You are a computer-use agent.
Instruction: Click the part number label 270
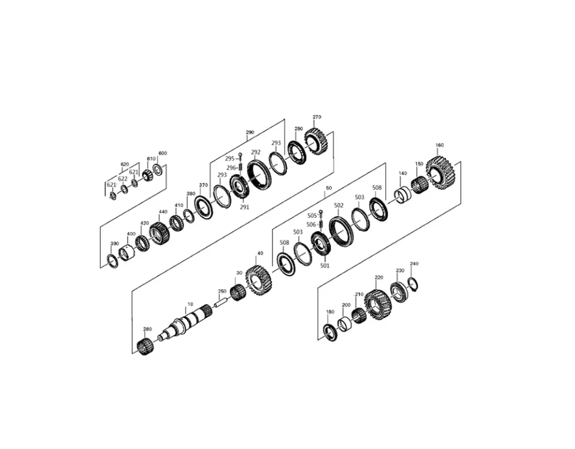pyautogui.click(x=317, y=117)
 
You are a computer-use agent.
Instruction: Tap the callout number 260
pyautogui.click(x=147, y=329)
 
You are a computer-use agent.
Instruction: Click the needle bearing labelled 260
pyautogui.click(x=144, y=345)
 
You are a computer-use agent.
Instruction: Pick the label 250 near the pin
pyautogui.click(x=222, y=292)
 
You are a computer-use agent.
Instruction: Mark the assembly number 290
pyautogui.click(x=250, y=132)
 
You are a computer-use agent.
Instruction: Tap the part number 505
pyautogui.click(x=311, y=215)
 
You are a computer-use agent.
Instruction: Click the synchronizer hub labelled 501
pyautogui.click(x=321, y=245)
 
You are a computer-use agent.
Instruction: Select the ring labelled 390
pyautogui.click(x=112, y=259)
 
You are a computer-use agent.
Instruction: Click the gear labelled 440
pyautogui.click(x=159, y=232)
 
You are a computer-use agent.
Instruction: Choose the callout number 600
pyautogui.click(x=162, y=153)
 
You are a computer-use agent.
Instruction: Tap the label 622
pyautogui.click(x=122, y=179)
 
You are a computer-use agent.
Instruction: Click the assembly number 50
pyautogui.click(x=328, y=188)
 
